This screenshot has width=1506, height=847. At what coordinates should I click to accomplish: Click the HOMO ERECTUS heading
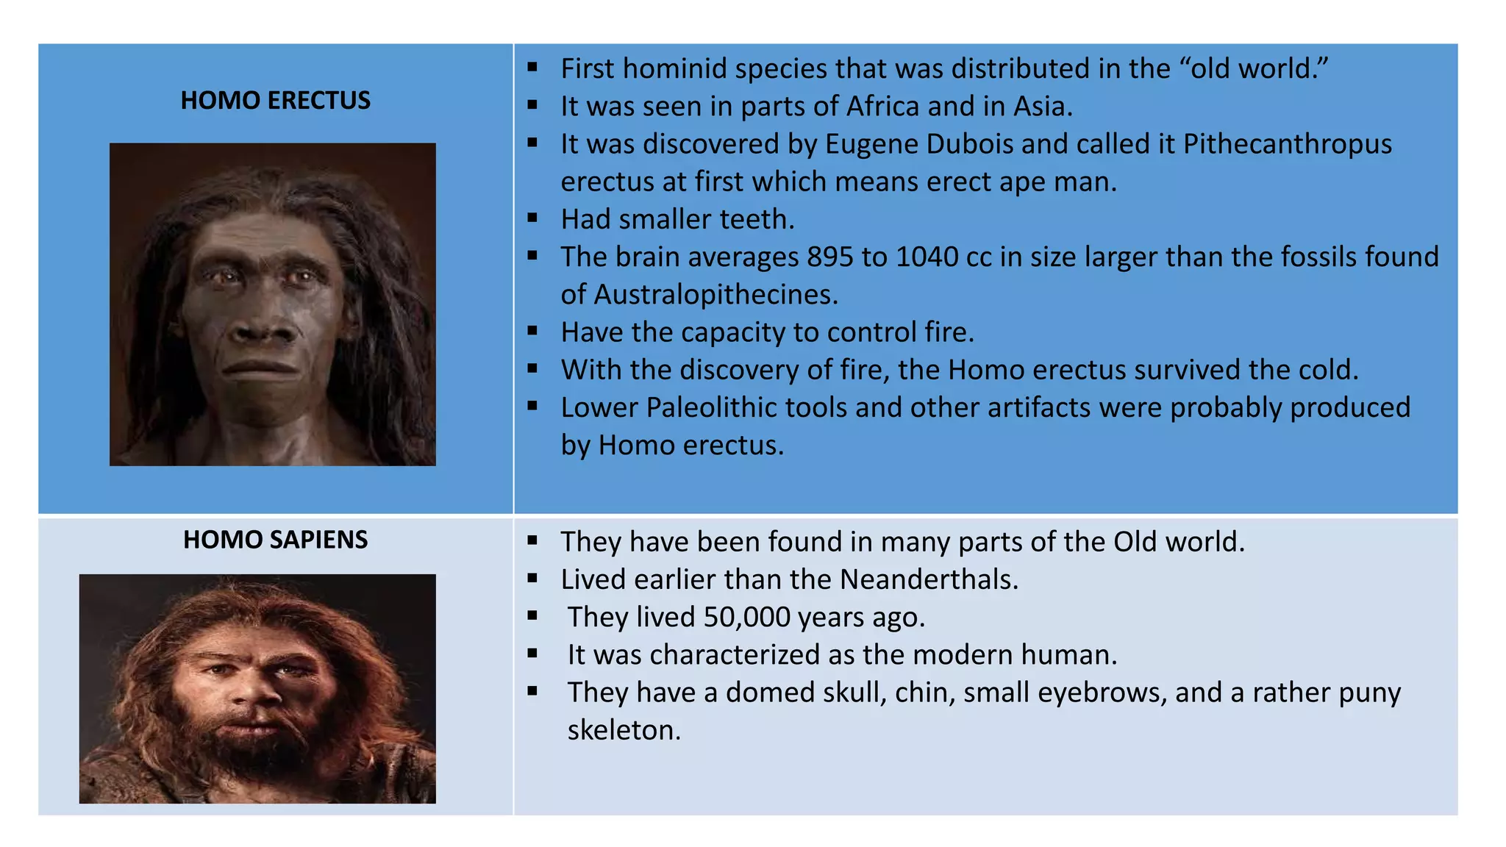[x=275, y=100]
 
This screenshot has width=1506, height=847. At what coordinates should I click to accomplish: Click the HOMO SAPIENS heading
[x=275, y=540]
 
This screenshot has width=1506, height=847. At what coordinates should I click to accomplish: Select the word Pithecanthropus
[x=1287, y=144]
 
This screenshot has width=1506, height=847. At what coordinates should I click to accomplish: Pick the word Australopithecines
[x=715, y=295]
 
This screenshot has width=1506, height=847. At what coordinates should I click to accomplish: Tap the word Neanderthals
[x=929, y=579]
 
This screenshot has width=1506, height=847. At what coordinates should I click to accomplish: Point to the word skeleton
[x=624, y=730]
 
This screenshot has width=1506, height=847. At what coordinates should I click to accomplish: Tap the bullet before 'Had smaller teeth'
[x=532, y=218]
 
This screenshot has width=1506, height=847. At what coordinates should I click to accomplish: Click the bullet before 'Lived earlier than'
[x=532, y=578]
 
